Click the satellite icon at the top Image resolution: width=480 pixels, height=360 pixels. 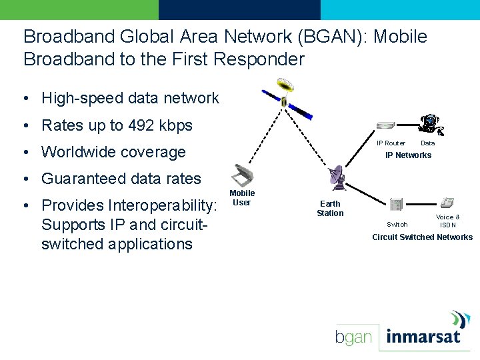click(285, 97)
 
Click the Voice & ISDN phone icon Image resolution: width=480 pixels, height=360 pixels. click(447, 202)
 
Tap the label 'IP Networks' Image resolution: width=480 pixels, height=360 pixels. click(408, 155)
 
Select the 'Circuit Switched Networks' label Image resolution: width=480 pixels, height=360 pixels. click(422, 237)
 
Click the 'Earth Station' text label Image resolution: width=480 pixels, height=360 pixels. click(330, 209)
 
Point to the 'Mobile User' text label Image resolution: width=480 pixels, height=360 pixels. click(242, 198)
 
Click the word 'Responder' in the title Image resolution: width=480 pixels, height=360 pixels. click(257, 59)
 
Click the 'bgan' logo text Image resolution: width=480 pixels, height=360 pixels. click(353, 337)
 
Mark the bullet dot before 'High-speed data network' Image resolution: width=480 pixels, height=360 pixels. click(25, 99)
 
